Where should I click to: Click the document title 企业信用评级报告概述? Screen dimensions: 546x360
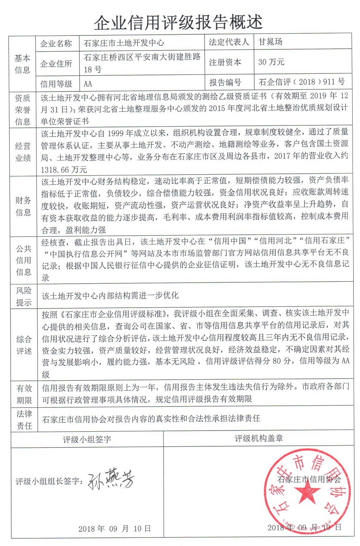[178, 23]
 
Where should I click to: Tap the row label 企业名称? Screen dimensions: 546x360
[56, 44]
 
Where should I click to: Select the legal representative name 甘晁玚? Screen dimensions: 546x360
[271, 42]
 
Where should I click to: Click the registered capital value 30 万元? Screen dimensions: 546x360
[271, 62]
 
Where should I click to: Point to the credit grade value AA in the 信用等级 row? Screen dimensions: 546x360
[88, 84]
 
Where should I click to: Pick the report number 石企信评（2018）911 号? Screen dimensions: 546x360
[302, 82]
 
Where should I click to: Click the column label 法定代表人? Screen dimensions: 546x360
[229, 42]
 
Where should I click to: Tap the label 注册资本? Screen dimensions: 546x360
[225, 62]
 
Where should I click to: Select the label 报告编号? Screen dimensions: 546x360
[225, 82]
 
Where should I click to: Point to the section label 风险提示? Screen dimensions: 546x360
[24, 296]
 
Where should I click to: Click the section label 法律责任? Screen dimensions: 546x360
[24, 419]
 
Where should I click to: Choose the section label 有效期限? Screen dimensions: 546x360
[24, 394]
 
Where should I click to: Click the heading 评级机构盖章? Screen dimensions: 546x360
[259, 438]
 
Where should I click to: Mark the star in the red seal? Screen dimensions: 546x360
[307, 492]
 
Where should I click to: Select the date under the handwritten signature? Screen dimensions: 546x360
[114, 529]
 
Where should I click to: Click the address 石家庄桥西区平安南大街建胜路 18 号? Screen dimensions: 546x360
[142, 63]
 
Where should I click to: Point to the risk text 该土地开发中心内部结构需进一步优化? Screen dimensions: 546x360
[110, 296]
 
